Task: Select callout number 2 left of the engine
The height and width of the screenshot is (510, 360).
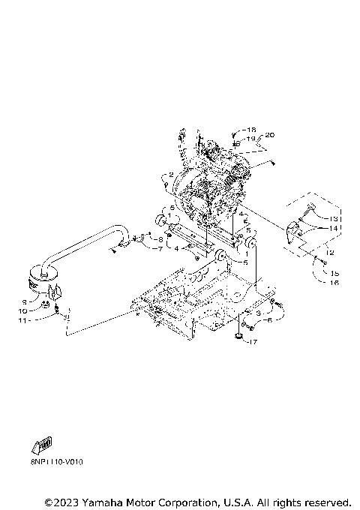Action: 171,175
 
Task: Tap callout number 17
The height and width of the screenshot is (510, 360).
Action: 253,342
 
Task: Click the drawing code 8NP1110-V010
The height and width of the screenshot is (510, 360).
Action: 57,463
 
